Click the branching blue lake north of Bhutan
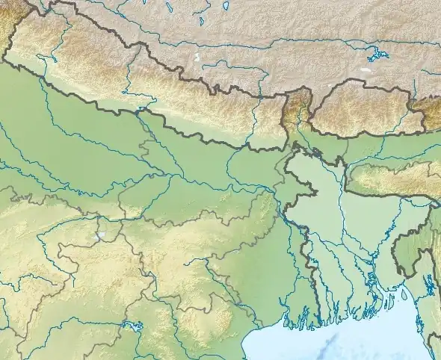(x=375, y=55)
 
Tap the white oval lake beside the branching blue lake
(x=365, y=69)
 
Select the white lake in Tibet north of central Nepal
(x=197, y=58)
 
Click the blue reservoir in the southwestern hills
(x=134, y=326)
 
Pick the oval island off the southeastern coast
(x=404, y=294)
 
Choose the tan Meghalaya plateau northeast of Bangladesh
(x=389, y=179)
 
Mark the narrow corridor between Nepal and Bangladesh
(x=288, y=146)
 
